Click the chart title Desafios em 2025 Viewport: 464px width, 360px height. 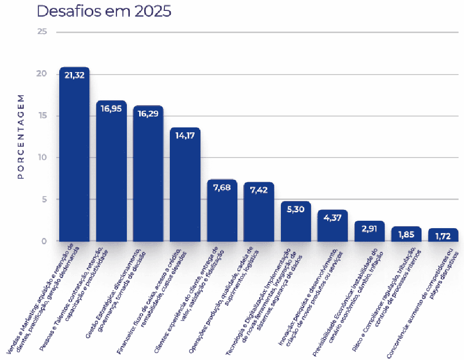104,11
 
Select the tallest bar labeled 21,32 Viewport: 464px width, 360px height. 74,158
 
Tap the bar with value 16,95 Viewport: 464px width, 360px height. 111,173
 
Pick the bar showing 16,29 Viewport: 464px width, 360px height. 148,175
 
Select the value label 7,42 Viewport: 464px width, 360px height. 259,190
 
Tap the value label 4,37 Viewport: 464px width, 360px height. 332,217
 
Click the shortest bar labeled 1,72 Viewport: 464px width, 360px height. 443,236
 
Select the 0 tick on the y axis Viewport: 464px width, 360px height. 44,241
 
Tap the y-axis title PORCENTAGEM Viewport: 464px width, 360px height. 21,136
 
